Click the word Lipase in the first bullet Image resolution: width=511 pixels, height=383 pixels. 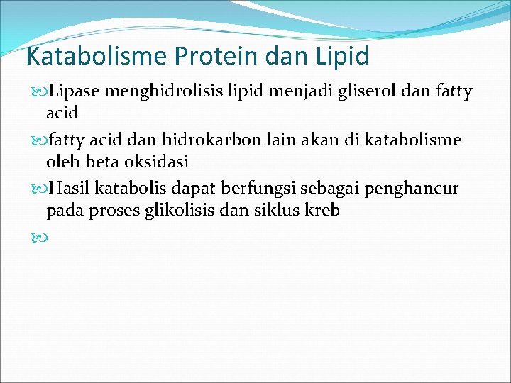pyautogui.click(x=77, y=91)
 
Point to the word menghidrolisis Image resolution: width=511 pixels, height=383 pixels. pyautogui.click(x=155, y=91)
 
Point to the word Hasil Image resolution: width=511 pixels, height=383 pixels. pyautogui.click(x=71, y=189)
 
